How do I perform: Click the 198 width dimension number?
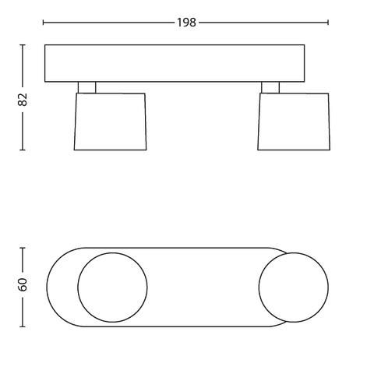click(x=186, y=23)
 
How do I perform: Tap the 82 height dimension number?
click(x=23, y=100)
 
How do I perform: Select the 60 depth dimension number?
click(x=23, y=284)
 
